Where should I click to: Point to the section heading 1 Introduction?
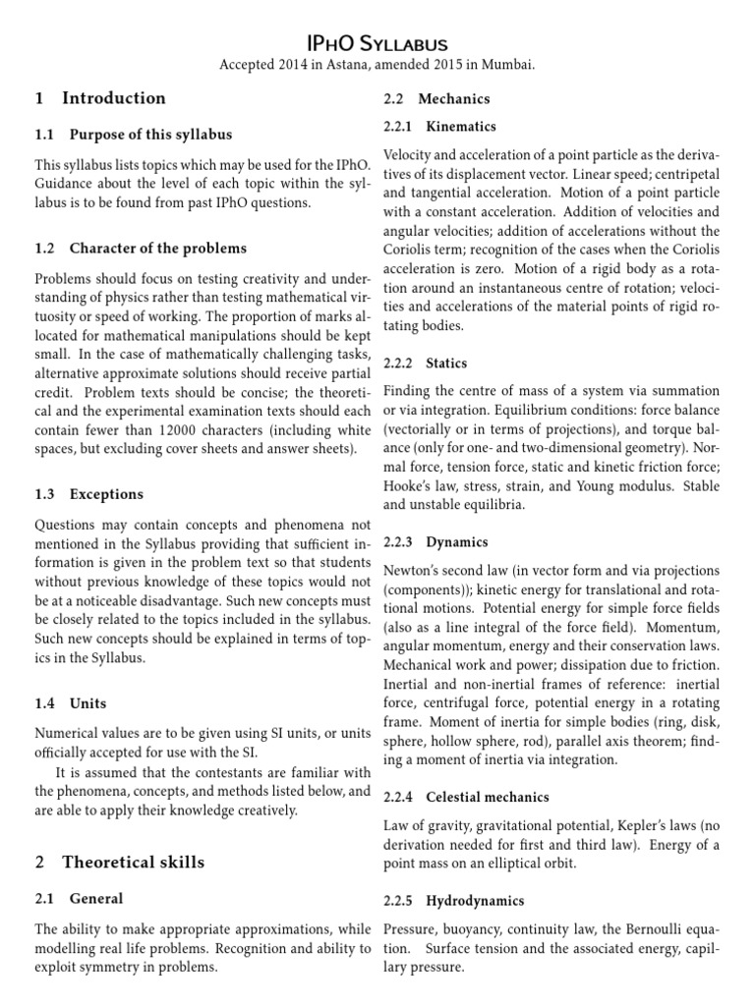coord(100,98)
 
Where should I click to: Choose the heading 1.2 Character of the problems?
coord(141,248)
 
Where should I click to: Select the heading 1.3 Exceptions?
coord(88,494)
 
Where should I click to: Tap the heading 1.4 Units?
coord(71,703)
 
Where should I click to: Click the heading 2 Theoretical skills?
coord(120,862)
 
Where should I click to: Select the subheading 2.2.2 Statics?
coord(425,363)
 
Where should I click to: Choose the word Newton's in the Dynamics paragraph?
coord(412,571)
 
